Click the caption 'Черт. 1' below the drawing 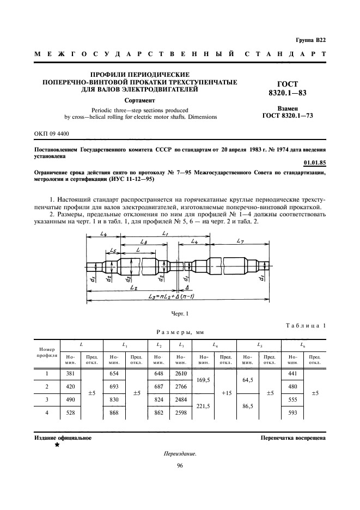(x=179, y=313)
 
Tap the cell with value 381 (x=71, y=374)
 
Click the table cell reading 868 (x=114, y=412)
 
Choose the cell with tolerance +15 (x=225, y=393)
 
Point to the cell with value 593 (x=291, y=412)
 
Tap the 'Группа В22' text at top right (x=310, y=40)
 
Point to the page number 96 (x=179, y=466)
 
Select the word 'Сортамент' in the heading (x=139, y=101)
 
